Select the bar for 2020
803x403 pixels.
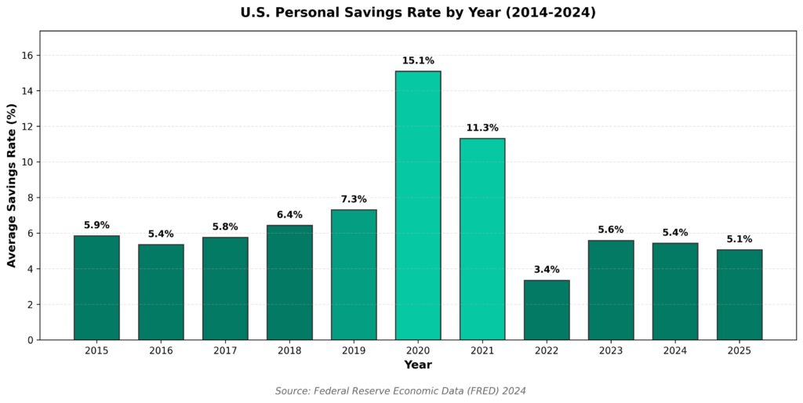click(418, 205)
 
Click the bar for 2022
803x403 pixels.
click(547, 310)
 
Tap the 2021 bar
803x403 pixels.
click(482, 239)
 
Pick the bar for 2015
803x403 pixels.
click(96, 288)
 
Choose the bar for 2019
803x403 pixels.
click(354, 274)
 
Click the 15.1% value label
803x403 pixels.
click(418, 61)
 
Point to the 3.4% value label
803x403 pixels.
click(547, 270)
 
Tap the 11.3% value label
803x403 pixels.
click(482, 129)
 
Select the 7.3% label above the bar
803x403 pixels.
click(354, 200)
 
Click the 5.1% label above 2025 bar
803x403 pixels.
click(739, 239)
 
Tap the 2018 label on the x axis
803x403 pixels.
click(289, 350)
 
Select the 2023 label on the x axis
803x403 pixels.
click(611, 350)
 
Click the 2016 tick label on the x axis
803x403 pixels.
click(161, 350)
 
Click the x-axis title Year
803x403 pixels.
click(418, 365)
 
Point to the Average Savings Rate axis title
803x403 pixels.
click(12, 185)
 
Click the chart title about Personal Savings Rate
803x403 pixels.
click(418, 13)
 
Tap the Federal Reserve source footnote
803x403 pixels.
click(401, 390)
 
